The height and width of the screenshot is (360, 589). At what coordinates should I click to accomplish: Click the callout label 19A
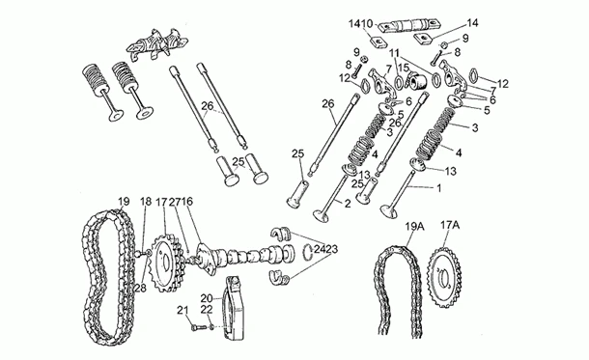pyautogui.click(x=414, y=227)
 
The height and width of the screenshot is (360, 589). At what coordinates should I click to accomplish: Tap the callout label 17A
pyautogui.click(x=450, y=225)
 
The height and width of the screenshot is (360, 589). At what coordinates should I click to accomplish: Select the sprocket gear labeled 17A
pyautogui.click(x=445, y=277)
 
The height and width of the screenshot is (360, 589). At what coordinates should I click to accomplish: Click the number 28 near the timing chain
pyautogui.click(x=140, y=288)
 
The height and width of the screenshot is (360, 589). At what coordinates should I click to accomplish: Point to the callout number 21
pyautogui.click(x=182, y=310)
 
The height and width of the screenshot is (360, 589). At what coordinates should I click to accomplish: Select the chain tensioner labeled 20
pyautogui.click(x=237, y=308)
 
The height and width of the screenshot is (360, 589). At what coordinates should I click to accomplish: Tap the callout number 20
pyautogui.click(x=207, y=298)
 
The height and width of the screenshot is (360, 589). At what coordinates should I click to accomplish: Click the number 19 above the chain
pyautogui.click(x=124, y=202)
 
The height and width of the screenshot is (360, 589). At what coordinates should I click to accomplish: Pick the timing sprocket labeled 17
pyautogui.click(x=167, y=263)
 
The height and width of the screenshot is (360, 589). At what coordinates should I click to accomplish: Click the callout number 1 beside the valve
pyautogui.click(x=438, y=187)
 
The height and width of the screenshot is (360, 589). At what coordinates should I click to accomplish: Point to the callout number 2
pyautogui.click(x=348, y=204)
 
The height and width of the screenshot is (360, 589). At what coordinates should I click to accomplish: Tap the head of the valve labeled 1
pyautogui.click(x=389, y=211)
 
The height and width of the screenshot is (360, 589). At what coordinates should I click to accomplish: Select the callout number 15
pyautogui.click(x=404, y=69)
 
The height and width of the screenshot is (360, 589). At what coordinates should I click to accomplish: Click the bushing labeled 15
pyautogui.click(x=416, y=80)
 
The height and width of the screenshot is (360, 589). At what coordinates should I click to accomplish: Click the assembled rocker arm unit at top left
pyautogui.click(x=157, y=44)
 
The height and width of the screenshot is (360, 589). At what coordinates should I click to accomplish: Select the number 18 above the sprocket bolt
pyautogui.click(x=146, y=202)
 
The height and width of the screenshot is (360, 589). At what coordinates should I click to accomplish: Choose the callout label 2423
pyautogui.click(x=326, y=249)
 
